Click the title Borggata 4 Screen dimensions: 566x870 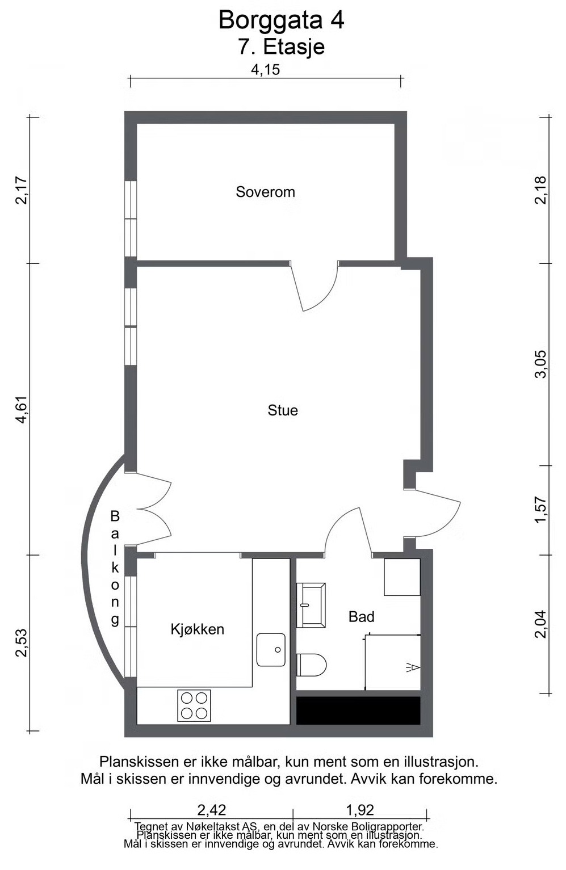click(x=281, y=20)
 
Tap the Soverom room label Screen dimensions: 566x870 click(x=265, y=191)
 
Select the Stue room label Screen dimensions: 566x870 click(x=282, y=410)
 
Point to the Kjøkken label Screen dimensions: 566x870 click(x=198, y=629)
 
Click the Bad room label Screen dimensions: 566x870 click(x=361, y=616)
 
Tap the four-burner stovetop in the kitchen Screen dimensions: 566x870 click(x=194, y=705)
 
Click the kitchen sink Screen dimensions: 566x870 click(x=271, y=650)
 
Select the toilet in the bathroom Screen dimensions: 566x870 click(x=311, y=664)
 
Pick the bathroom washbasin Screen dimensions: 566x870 click(x=311, y=605)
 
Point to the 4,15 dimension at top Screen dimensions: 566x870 click(x=265, y=70)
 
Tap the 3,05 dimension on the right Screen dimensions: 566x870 click(x=540, y=364)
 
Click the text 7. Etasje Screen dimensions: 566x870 click(x=281, y=47)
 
